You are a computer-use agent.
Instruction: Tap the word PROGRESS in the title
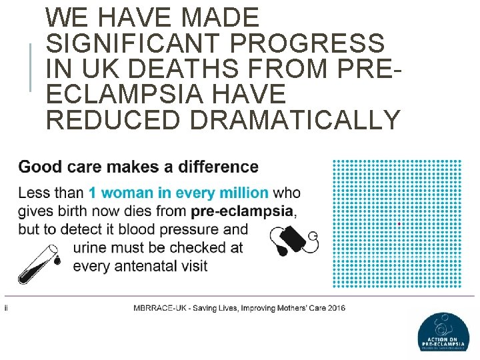click(x=308, y=43)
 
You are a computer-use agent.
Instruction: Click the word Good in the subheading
click(x=41, y=166)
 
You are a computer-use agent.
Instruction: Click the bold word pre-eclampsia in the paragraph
click(x=242, y=212)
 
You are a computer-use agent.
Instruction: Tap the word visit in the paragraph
click(x=192, y=266)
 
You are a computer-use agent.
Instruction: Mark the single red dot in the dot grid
click(x=399, y=224)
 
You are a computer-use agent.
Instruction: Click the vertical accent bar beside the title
click(x=31, y=67)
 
